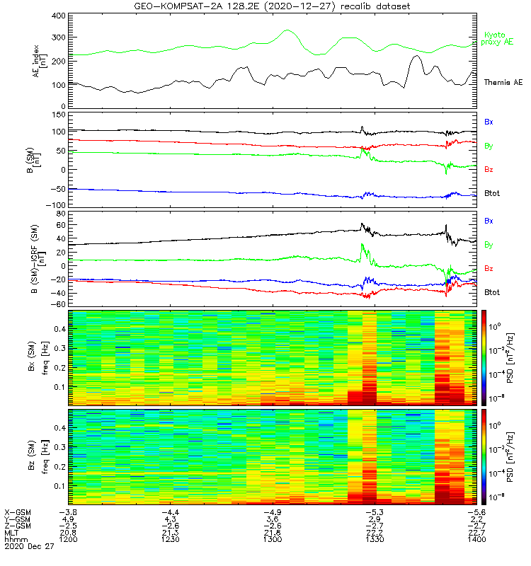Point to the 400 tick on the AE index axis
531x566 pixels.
[x=58, y=16]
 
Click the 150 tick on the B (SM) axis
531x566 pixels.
[x=58, y=113]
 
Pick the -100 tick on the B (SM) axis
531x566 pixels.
[x=56, y=207]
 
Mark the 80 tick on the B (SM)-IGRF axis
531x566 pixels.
[x=60, y=213]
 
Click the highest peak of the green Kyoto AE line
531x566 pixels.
[x=287, y=30]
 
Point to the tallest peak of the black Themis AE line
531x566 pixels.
[x=416, y=56]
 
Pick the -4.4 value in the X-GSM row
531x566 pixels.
[x=170, y=512]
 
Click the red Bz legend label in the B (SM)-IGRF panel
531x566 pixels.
[x=489, y=269]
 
